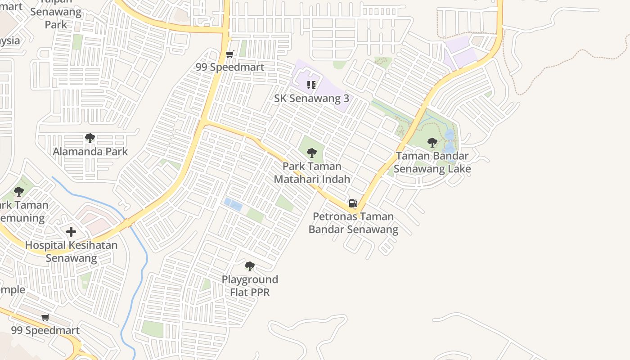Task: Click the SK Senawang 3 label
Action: tap(311, 98)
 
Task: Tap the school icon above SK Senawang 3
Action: tap(311, 85)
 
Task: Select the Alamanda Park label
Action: tap(90, 152)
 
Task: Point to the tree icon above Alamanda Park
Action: tap(90, 138)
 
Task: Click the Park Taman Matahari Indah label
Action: tap(312, 173)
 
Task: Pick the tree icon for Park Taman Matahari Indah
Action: tap(312, 153)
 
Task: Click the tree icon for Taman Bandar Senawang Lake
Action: tap(432, 143)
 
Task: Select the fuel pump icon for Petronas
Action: tap(353, 203)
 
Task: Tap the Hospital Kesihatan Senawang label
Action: tap(71, 252)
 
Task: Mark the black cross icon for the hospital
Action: tap(71, 232)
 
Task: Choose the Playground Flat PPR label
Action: tap(250, 286)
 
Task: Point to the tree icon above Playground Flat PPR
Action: tap(250, 266)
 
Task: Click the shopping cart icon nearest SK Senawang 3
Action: tap(230, 54)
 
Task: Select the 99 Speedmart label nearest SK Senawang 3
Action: tap(230, 67)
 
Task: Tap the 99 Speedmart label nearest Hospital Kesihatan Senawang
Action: tap(45, 330)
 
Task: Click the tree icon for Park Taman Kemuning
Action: tap(19, 191)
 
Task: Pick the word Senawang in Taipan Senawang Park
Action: tap(56, 12)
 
